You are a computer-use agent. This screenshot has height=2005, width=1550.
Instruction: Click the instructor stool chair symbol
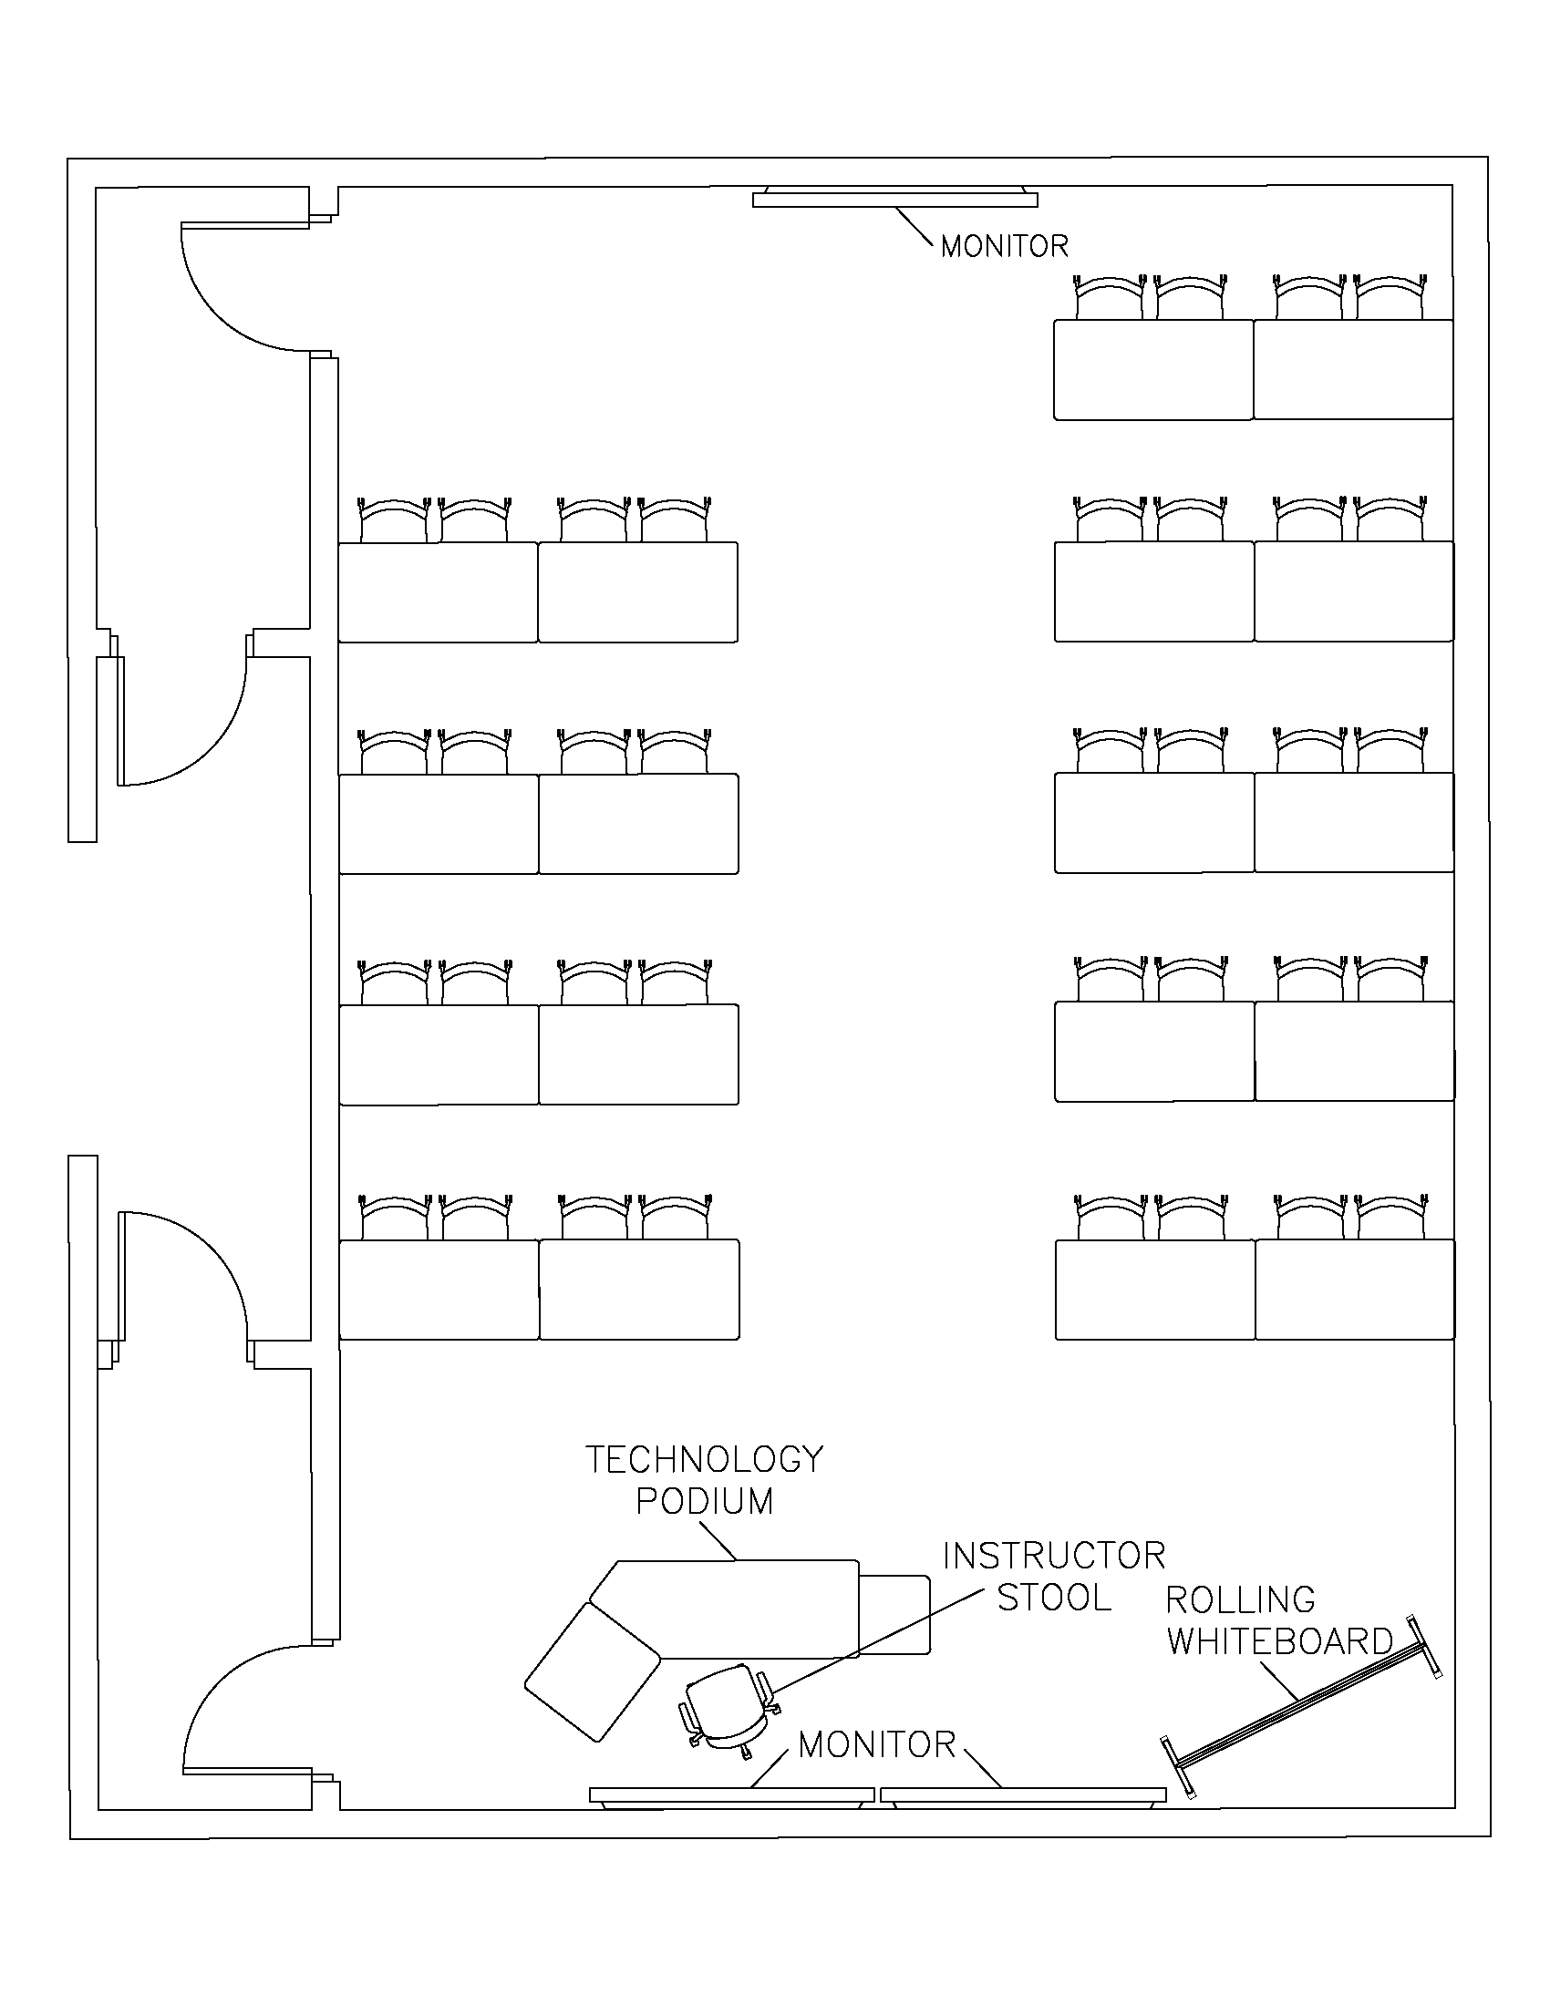pos(727,1707)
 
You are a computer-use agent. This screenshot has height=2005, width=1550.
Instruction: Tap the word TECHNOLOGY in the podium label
pos(704,1460)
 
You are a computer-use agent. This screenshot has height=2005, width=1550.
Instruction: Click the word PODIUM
pos(704,1502)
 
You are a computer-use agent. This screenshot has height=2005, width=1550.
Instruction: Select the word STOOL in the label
pos(1054,1599)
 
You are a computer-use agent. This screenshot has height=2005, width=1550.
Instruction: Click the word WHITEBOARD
pos(1280,1641)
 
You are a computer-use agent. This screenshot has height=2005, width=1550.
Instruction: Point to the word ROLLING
pos(1241,1600)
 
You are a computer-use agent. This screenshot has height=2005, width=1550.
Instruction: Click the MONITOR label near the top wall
pos(1005,246)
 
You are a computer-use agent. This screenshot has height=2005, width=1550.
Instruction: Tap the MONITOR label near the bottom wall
pos(877,1745)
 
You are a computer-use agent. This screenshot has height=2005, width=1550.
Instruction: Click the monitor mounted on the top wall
pos(895,199)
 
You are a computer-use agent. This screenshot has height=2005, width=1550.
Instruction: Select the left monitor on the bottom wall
pos(731,1794)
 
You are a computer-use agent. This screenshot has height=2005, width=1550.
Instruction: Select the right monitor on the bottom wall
pos(1023,1794)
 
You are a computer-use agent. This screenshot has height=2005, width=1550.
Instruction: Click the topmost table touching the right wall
pos(1352,369)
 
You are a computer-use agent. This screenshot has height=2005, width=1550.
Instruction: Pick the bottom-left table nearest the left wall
pos(439,1289)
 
